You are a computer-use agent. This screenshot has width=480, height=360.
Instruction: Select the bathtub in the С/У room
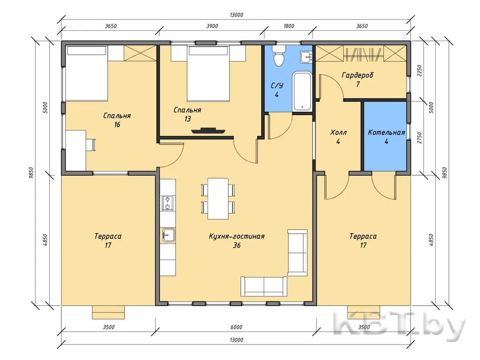coord(302,91)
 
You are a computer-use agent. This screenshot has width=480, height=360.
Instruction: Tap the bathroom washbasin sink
coord(306,57)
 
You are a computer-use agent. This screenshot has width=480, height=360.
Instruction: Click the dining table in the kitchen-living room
coord(218,198)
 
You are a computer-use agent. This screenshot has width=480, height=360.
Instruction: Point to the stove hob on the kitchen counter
coord(168,203)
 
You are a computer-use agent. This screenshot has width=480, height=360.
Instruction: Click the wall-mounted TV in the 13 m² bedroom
coord(208,130)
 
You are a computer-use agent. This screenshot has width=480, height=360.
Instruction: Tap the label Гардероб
coord(357,75)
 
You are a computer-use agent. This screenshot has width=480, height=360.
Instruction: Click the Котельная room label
coord(386,132)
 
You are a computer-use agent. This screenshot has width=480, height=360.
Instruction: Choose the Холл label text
coord(338,132)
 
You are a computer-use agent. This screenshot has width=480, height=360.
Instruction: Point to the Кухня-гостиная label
coord(237,236)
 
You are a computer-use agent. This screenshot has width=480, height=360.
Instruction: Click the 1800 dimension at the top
coord(289,26)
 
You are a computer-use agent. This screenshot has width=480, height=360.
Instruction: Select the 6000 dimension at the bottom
coord(236,327)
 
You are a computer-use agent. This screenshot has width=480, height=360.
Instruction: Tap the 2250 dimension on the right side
coord(419,70)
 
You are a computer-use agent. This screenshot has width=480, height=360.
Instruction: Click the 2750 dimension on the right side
coord(419,138)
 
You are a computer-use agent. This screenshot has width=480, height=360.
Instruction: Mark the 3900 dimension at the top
coord(212,26)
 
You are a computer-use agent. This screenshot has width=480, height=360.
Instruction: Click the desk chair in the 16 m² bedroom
coord(90,145)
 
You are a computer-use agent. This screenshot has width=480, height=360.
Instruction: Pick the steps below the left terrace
coord(108,312)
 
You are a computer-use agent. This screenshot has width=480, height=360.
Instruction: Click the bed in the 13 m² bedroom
coord(208,74)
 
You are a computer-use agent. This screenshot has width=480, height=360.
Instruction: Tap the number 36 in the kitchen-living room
coord(237,245)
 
